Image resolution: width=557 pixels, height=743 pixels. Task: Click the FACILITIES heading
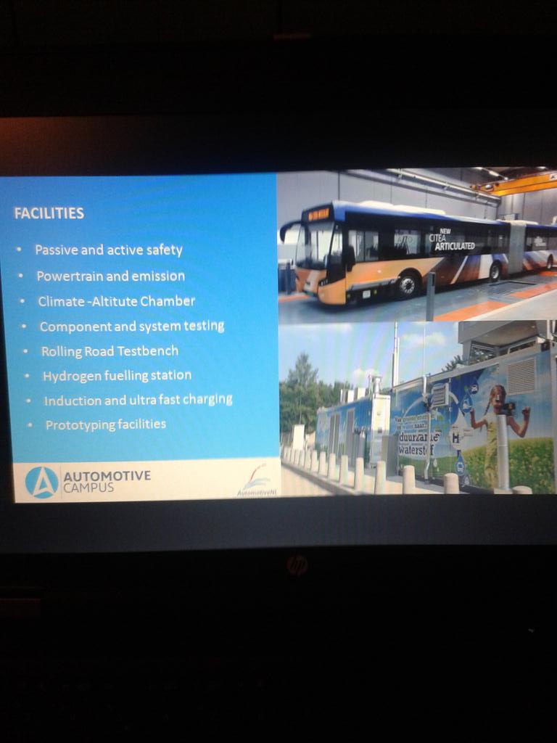(49, 213)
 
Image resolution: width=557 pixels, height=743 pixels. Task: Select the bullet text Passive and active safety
(109, 250)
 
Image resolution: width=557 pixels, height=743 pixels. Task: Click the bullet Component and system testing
(131, 327)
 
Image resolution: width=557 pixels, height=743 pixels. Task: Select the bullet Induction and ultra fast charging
(138, 401)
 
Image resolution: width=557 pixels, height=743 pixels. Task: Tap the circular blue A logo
(41, 483)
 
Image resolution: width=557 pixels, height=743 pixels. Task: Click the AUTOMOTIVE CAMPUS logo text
(107, 481)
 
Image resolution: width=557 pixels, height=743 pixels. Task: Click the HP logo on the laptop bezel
(297, 565)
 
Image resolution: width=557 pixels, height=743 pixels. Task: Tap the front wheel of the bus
(408, 284)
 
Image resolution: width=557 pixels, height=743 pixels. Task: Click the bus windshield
(314, 245)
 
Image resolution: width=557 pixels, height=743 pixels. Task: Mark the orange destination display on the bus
(317, 214)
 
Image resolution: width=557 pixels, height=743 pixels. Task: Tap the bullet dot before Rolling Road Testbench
(25, 352)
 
